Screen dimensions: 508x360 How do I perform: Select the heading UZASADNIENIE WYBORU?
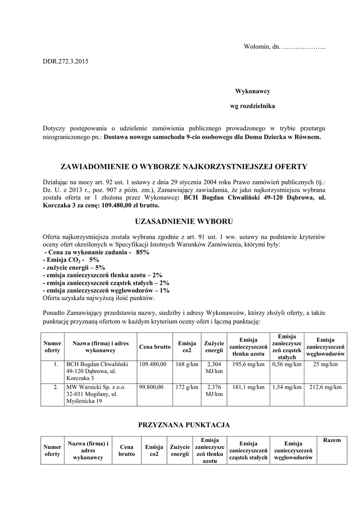tap(184, 220)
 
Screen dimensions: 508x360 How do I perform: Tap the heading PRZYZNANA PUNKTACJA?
tap(184, 425)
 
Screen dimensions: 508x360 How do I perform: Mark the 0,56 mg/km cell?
tap(287, 364)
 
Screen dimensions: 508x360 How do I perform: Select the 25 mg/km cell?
tap(325, 364)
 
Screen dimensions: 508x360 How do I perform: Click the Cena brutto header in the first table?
tap(155, 346)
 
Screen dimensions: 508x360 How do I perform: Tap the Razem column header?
tap(332, 441)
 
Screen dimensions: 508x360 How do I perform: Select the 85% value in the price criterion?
tap(142, 252)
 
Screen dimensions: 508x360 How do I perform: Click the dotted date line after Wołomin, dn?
tap(303, 47)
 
